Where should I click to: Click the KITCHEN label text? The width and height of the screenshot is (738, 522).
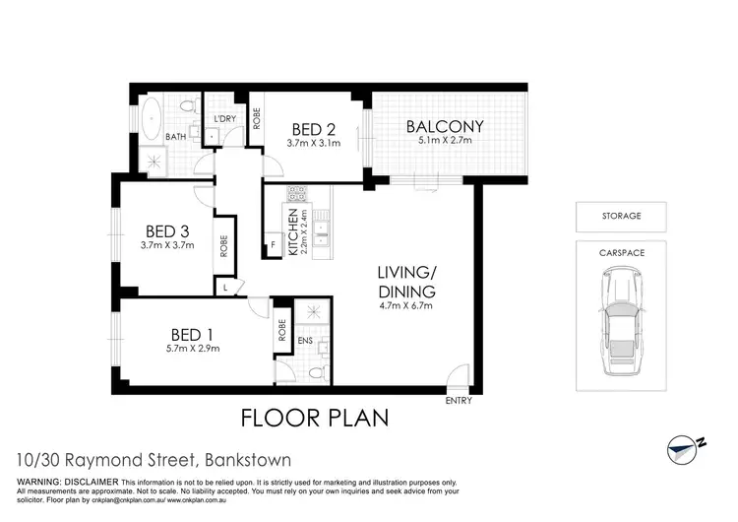click(292, 233)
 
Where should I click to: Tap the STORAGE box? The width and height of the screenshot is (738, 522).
click(620, 215)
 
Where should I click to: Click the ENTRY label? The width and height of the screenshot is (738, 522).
click(459, 400)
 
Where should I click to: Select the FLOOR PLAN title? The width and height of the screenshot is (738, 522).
click(315, 419)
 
